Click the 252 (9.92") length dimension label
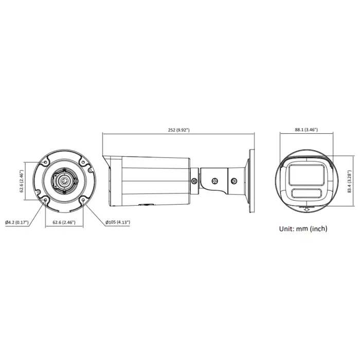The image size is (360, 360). coord(179,130)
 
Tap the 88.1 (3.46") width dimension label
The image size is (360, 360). coord(307,130)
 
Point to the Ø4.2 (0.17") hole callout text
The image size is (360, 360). coord(17,222)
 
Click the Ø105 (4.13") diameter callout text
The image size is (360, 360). coord(118,222)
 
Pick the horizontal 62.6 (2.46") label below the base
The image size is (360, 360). coord(64,222)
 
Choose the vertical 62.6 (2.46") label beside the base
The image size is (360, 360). coord(22,181)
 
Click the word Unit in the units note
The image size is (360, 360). coord(286,229)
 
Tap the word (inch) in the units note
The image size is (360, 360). coord(319,229)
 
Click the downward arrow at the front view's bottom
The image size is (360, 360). coord(306,209)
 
